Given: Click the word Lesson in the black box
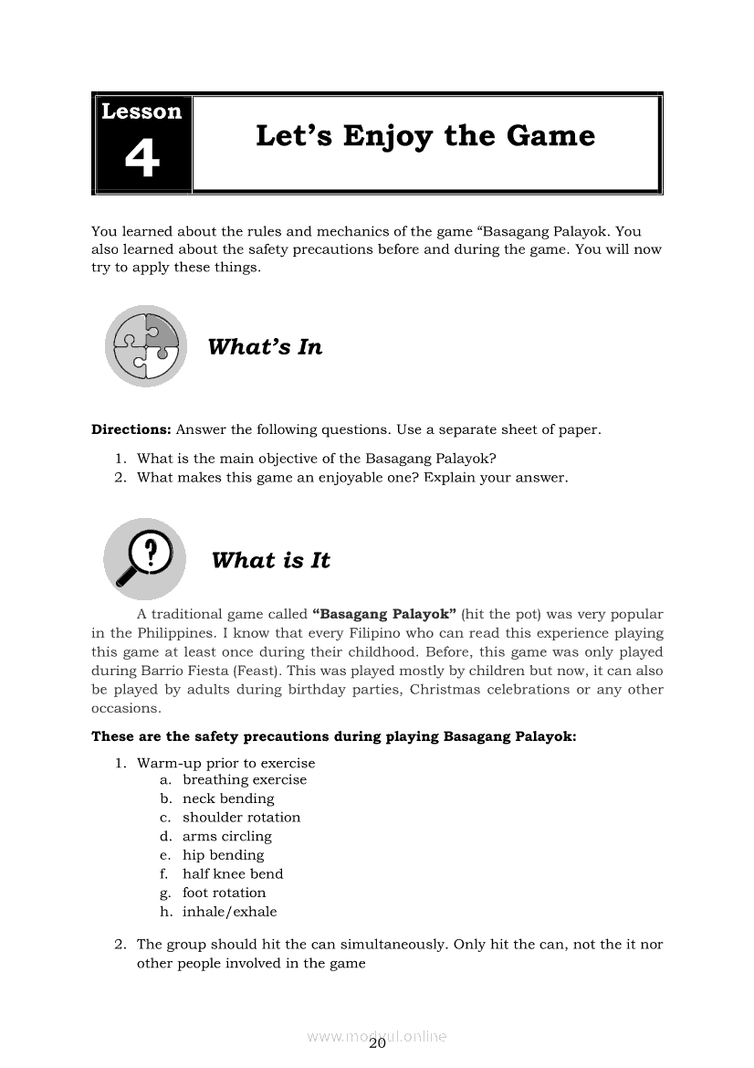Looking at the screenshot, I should (x=141, y=111).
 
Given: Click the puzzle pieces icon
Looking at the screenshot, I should (x=145, y=346).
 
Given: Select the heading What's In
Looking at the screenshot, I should (x=265, y=347).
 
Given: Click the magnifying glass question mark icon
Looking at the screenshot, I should (x=144, y=558).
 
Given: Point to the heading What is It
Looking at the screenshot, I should (x=270, y=561).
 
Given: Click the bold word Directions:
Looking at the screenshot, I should (x=131, y=429).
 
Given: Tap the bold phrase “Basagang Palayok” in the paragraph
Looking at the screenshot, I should (x=383, y=614).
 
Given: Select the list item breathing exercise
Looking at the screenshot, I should (x=245, y=779).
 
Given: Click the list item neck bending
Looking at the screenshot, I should (x=228, y=798).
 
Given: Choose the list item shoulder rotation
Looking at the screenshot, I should (x=241, y=818).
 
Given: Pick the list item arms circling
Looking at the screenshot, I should (x=227, y=836).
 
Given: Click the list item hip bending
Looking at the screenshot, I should (x=223, y=855).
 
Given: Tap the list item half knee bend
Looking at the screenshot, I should (x=233, y=873).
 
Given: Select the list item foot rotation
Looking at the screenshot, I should (x=225, y=893).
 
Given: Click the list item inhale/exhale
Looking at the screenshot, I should (x=229, y=912).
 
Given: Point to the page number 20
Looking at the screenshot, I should (x=378, y=1045).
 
